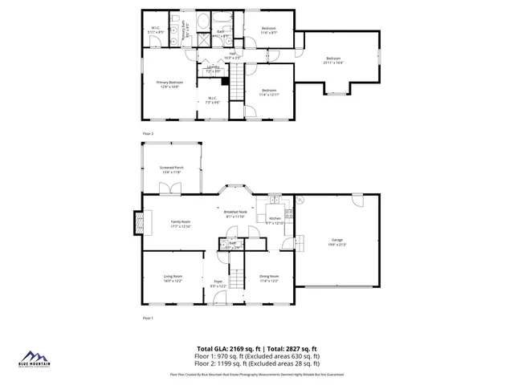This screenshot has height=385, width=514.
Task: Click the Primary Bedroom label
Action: (169, 84)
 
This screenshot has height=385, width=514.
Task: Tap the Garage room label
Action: (337, 241)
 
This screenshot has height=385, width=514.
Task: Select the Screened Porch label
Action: (172, 169)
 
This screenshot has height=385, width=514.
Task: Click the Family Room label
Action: (180, 225)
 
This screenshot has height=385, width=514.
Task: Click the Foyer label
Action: (218, 283)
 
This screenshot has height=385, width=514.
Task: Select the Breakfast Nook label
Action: (235, 214)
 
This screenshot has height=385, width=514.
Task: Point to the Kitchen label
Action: (275, 221)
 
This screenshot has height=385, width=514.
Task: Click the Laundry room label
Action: (213, 70)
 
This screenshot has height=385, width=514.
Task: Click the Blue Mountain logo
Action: (35, 359)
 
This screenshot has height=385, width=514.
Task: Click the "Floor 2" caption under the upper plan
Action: (148, 133)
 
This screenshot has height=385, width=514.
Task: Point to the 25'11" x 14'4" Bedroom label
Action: (333, 60)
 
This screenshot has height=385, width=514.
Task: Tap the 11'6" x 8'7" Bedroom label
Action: (269, 31)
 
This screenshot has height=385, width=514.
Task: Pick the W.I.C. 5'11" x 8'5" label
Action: (157, 31)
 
